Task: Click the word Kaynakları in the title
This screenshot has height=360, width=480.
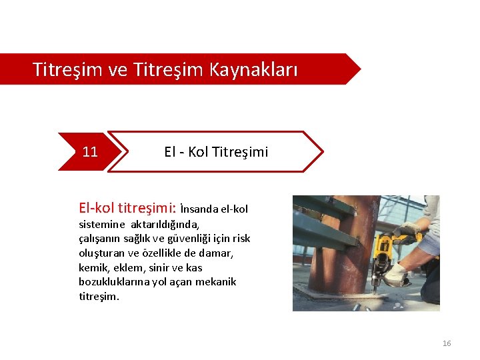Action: tap(253, 69)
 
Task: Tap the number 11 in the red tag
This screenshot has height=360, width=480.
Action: tap(90, 152)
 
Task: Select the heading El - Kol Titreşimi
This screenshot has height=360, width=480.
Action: tap(216, 152)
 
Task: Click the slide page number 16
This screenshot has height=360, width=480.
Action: tap(447, 343)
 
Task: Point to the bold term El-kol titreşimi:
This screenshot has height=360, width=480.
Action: tap(127, 208)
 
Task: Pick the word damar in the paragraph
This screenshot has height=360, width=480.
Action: tap(218, 253)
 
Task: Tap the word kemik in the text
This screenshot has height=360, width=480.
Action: tap(92, 267)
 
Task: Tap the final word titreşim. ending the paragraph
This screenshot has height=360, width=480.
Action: tap(99, 297)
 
